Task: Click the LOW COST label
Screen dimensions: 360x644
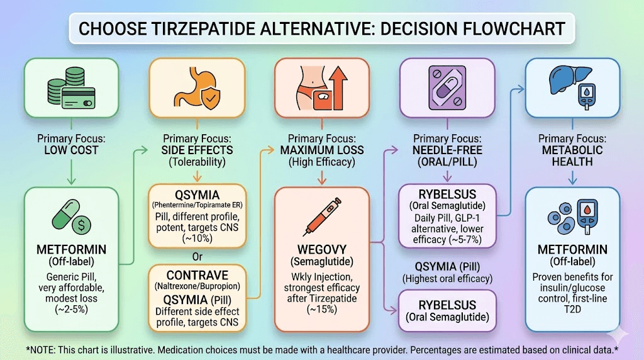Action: (71, 151)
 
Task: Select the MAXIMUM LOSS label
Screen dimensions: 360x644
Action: (321, 151)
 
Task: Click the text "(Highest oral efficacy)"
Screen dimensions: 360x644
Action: (447, 278)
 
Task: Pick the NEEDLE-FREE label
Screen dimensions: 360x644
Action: (447, 151)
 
